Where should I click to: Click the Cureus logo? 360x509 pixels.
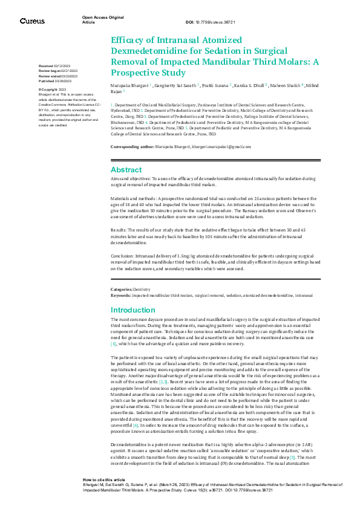(x=32, y=21)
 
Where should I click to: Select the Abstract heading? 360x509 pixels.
(x=126, y=170)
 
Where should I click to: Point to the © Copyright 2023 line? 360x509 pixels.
(x=53, y=89)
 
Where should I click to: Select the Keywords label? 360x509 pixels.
(x=121, y=296)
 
